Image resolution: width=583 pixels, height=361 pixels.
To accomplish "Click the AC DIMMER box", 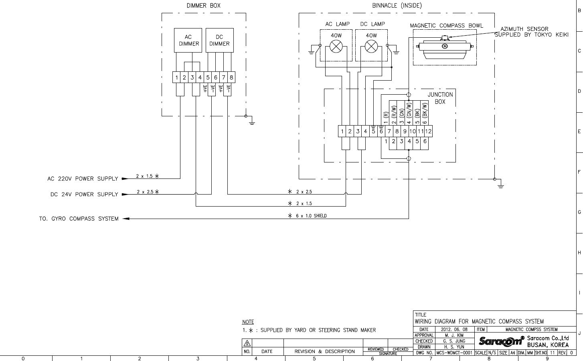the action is [188, 41].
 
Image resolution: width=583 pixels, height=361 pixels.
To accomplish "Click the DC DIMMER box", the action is [220, 41].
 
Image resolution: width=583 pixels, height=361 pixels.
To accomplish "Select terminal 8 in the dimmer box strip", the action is [231, 77].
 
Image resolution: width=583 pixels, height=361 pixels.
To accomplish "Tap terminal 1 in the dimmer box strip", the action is [176, 77].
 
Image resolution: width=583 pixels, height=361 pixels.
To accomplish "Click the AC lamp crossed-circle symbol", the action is [336, 47].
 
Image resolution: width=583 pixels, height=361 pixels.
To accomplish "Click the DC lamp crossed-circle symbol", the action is [371, 47].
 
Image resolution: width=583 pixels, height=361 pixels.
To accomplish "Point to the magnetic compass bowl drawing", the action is [445, 47].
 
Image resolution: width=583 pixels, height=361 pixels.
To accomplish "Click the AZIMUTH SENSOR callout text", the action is [531, 32].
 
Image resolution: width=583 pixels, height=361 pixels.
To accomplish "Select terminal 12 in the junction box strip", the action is [428, 131].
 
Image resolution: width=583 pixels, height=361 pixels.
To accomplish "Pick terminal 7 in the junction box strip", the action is [389, 131].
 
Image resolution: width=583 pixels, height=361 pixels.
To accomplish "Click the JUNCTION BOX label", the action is [440, 98].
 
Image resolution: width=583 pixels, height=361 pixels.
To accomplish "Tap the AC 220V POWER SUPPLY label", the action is [83, 179].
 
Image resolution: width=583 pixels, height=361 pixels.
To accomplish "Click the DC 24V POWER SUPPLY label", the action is [84, 195].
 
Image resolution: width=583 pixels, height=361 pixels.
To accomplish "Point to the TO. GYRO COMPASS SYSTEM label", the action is [79, 219].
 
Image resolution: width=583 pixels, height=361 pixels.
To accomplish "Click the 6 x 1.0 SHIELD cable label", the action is [311, 216].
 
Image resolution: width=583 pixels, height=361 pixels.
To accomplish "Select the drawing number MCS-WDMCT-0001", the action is [454, 353].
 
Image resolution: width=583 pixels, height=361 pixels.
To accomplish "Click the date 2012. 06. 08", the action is [454, 329].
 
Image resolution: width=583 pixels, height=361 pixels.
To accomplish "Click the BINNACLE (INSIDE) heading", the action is [397, 6].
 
